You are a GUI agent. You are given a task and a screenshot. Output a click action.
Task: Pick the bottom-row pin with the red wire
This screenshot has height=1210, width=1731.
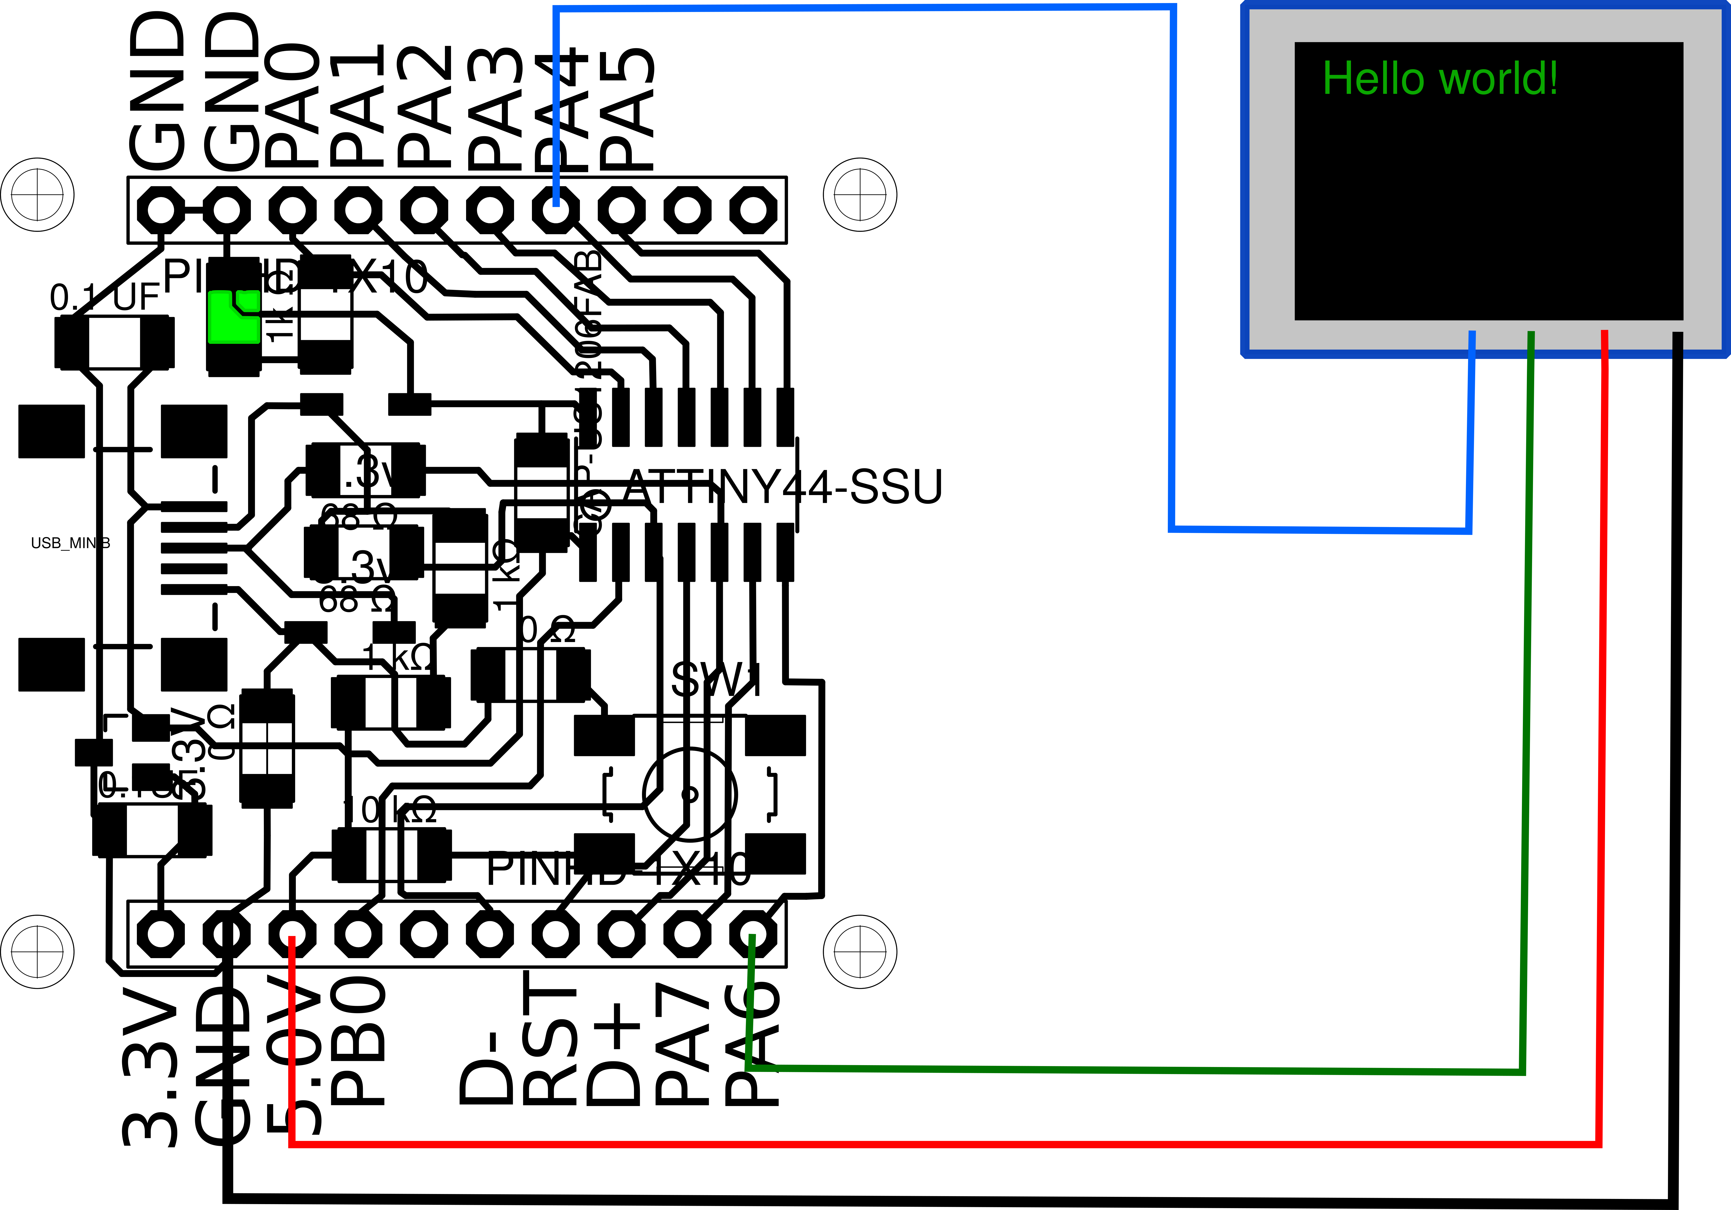pos(293,934)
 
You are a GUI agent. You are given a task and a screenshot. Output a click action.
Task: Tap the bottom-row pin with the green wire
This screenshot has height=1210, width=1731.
pos(753,934)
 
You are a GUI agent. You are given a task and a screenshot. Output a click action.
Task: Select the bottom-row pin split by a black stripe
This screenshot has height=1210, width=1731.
pos(227,934)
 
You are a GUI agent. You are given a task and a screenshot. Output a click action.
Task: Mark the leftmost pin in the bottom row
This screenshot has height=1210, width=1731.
pos(161,934)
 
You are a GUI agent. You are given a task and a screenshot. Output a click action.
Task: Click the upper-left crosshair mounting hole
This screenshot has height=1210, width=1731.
pos(37,194)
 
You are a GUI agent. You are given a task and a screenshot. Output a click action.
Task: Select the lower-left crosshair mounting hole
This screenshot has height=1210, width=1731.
pos(37,951)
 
